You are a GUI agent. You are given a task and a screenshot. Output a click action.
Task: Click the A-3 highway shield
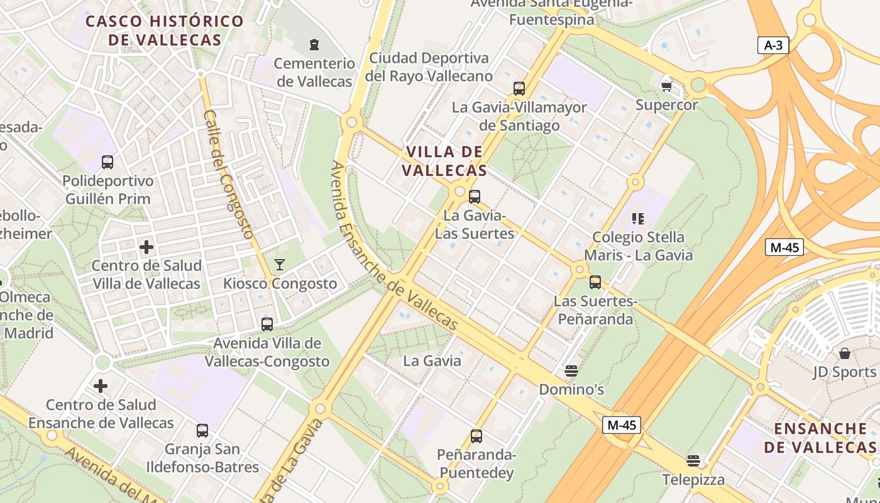[773, 45]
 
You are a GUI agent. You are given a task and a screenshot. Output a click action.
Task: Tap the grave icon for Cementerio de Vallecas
[314, 45]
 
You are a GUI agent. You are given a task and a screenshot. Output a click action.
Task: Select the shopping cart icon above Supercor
[666, 86]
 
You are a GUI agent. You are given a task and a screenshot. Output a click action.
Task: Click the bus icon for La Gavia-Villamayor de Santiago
[519, 89]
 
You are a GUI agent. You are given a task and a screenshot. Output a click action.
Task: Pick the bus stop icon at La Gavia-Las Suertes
[475, 197]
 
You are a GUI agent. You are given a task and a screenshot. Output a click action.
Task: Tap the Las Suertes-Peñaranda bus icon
[595, 282]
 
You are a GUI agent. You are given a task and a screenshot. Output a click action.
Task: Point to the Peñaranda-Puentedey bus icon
[476, 436]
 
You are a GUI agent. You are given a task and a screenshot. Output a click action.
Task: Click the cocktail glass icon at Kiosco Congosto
[280, 265]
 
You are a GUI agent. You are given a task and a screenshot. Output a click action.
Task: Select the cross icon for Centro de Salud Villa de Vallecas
[146, 247]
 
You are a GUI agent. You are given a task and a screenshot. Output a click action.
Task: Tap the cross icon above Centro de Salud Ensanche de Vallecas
[101, 386]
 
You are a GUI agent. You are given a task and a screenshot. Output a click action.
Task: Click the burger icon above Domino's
[571, 371]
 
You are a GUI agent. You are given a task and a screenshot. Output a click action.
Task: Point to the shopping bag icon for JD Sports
[844, 353]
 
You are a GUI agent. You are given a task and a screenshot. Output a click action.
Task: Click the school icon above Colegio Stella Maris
[638, 219]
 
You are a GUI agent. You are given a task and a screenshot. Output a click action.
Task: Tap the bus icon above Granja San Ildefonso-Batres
[202, 431]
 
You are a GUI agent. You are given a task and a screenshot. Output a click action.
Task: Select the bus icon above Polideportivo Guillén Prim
[107, 162]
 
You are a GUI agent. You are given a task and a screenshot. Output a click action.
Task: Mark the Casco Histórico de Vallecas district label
[165, 30]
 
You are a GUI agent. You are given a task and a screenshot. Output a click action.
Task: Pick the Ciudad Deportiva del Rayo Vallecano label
[429, 67]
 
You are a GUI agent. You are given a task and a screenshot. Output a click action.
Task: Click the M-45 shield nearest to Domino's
[622, 425]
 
